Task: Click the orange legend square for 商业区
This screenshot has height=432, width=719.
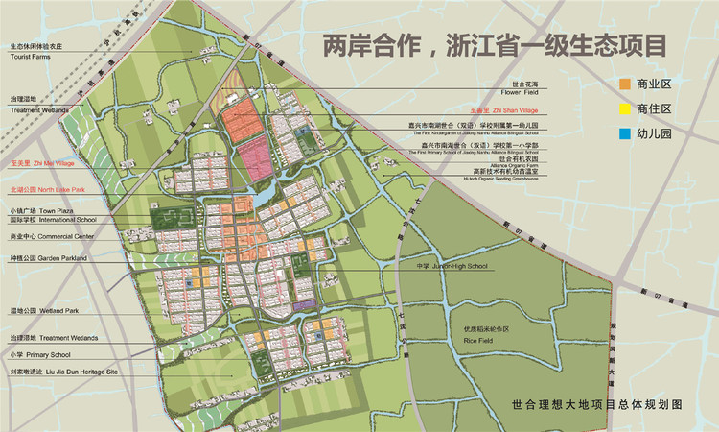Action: point(624,84)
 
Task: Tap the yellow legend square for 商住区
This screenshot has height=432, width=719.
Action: point(624,109)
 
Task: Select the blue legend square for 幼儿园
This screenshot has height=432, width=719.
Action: point(624,134)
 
